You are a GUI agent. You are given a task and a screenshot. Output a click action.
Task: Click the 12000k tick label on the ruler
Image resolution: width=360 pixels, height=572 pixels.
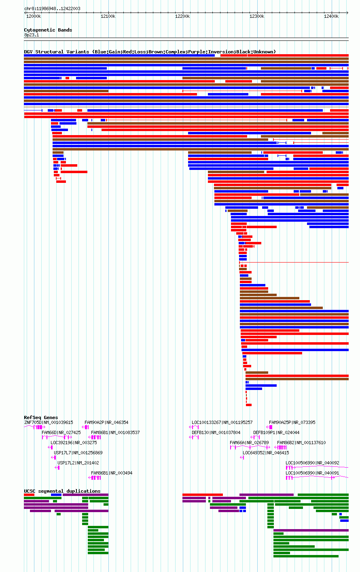(x=34, y=16)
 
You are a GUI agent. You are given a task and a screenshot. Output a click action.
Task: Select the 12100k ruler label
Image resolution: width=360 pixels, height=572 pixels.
(x=108, y=16)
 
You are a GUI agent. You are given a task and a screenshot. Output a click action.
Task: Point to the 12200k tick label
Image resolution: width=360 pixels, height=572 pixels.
(x=182, y=16)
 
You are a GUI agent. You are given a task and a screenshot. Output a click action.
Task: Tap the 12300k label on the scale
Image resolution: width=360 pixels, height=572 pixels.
(x=257, y=16)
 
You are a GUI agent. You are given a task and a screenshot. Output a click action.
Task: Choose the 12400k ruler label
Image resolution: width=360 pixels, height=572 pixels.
(x=331, y=16)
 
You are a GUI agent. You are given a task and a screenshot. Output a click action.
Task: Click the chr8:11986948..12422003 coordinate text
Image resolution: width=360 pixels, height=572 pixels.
(x=52, y=8)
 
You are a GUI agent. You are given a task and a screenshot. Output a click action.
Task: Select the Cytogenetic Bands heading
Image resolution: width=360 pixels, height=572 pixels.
(x=48, y=30)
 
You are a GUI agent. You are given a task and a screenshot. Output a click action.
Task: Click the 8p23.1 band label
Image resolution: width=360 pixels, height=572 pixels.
(x=32, y=35)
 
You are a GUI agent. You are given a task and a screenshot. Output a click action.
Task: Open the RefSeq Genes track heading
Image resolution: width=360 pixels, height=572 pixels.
(x=41, y=417)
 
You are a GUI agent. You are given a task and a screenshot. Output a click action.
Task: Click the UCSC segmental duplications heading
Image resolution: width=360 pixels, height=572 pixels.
(x=62, y=491)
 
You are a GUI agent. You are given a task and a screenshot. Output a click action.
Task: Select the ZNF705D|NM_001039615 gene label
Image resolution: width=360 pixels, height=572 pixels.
(x=49, y=423)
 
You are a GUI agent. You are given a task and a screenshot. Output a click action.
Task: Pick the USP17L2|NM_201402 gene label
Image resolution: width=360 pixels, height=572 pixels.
(x=78, y=463)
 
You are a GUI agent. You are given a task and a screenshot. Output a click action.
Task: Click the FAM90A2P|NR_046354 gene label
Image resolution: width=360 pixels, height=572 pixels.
(x=106, y=423)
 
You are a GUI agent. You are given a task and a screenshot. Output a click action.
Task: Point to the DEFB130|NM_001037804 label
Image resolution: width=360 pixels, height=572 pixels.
(x=216, y=432)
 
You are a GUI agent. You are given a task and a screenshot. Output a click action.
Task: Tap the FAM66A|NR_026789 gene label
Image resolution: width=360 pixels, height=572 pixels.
(x=249, y=443)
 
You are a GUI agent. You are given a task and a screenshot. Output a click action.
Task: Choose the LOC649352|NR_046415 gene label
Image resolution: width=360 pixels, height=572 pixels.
(x=266, y=453)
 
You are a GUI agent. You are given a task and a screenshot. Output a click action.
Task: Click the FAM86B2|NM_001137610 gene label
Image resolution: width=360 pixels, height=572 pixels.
(x=301, y=443)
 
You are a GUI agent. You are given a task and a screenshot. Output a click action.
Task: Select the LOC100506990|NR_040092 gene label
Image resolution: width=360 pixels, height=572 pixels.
(x=312, y=463)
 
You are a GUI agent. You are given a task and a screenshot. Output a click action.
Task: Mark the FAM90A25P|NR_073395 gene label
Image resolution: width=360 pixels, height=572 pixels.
(x=292, y=423)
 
